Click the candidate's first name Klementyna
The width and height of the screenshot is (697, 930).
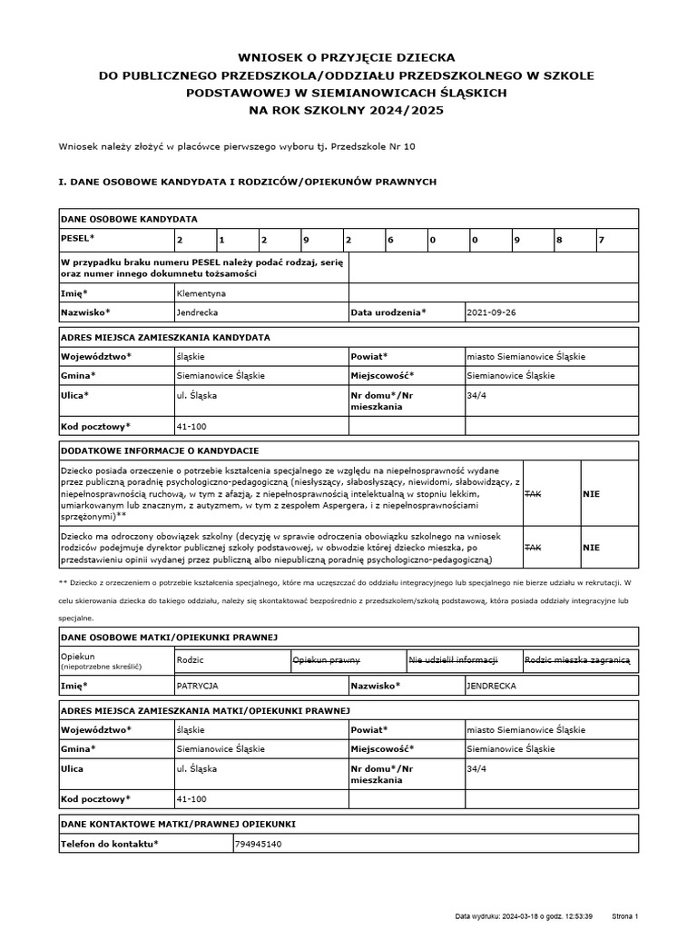pos(201,293)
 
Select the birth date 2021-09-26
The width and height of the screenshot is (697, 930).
pos(491,312)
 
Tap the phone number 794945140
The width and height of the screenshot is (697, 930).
pos(259,844)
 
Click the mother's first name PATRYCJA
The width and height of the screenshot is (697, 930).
pos(198,687)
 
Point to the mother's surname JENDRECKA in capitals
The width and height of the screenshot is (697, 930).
pos(491,687)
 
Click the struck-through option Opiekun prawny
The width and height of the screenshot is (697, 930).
pos(326,660)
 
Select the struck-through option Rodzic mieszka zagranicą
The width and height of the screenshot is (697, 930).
pos(578,660)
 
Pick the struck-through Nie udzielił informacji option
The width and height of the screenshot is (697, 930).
pos(453,660)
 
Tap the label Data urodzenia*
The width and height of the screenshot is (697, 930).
pos(388,312)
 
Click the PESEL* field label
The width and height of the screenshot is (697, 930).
pos(77,237)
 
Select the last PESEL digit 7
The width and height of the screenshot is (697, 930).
pos(601,239)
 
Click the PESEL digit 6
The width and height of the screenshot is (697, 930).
pos(389,239)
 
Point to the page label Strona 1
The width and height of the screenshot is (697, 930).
pos(626,916)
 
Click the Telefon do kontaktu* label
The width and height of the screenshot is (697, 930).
pos(109,844)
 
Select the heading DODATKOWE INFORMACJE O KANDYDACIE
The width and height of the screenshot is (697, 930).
pos(160,450)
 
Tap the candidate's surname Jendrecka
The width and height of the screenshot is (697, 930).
pos(198,312)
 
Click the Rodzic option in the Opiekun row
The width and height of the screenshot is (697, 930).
pos(191,660)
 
